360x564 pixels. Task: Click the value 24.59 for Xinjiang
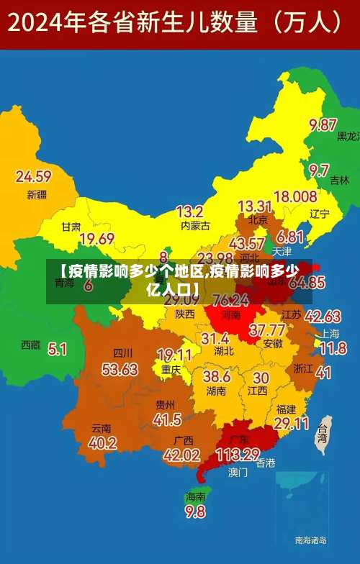[33, 176]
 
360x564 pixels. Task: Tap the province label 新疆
[36, 194]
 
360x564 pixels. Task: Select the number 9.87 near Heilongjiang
[323, 124]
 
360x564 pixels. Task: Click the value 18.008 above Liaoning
[295, 196]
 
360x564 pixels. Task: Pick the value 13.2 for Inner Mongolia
[189, 211]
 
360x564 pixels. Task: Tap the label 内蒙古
[195, 226]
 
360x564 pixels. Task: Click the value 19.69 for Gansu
[96, 239]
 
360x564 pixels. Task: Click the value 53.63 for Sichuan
[120, 369]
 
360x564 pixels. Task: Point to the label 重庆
[171, 369]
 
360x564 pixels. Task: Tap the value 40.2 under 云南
[102, 443]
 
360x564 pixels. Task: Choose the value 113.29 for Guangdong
[238, 454]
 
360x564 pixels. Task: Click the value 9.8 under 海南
[195, 511]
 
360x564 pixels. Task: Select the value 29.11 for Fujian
[292, 423]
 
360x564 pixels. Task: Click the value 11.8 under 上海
[333, 349]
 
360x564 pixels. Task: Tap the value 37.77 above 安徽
[267, 330]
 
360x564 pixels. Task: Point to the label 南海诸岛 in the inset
[311, 540]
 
